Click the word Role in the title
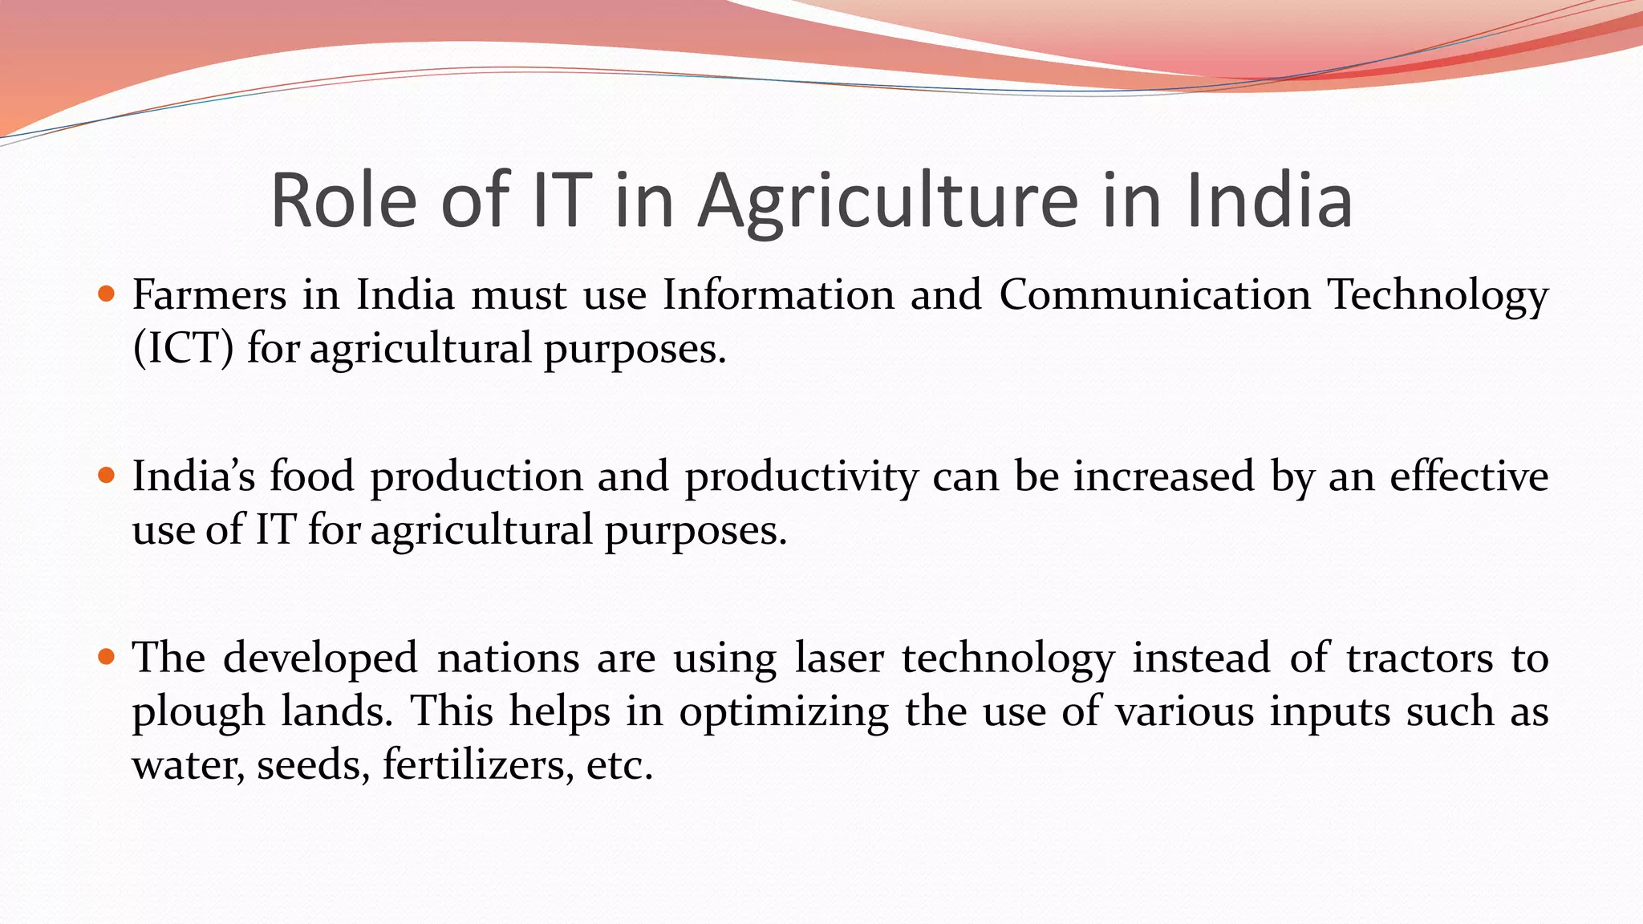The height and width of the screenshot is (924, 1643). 343,201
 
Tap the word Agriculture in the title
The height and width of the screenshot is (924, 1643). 887,202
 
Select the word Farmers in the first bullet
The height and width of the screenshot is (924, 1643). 209,294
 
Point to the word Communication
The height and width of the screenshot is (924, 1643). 1154,294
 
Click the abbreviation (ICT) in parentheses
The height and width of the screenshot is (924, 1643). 183,348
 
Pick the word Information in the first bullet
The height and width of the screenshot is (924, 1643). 777,294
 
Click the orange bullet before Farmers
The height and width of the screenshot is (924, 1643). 106,294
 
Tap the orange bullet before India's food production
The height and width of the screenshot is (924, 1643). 106,476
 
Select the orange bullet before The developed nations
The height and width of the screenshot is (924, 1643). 106,657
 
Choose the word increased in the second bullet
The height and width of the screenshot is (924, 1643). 1163,476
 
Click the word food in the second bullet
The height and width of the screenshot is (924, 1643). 311,476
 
